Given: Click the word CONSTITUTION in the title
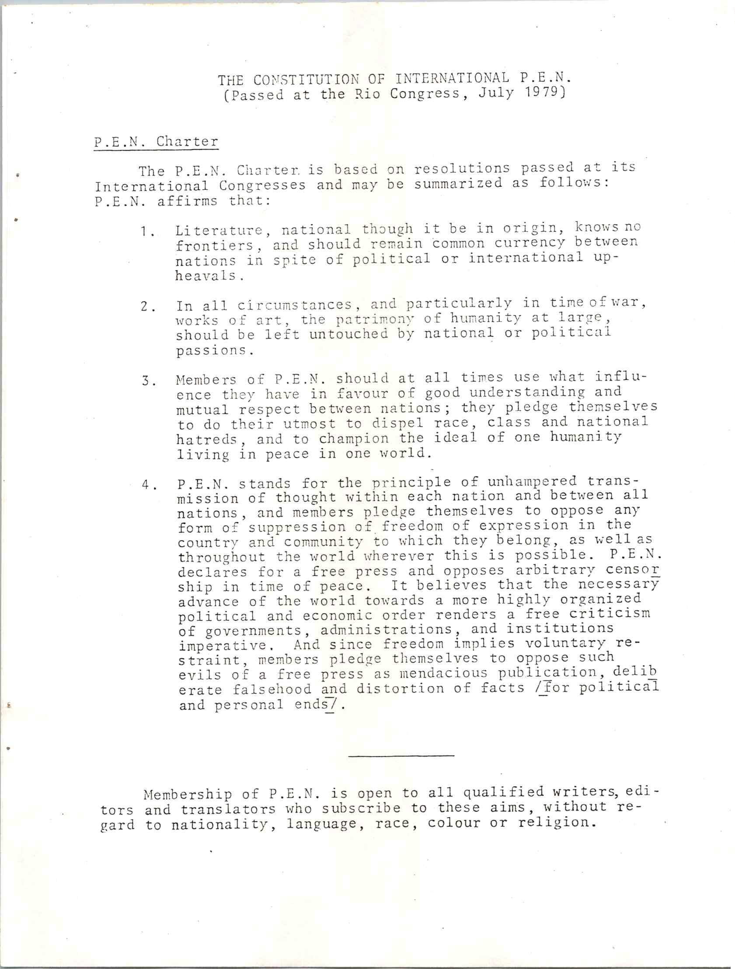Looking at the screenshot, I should (303, 80).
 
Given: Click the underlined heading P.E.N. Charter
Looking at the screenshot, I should (156, 142).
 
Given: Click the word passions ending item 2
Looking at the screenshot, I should (214, 351).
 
